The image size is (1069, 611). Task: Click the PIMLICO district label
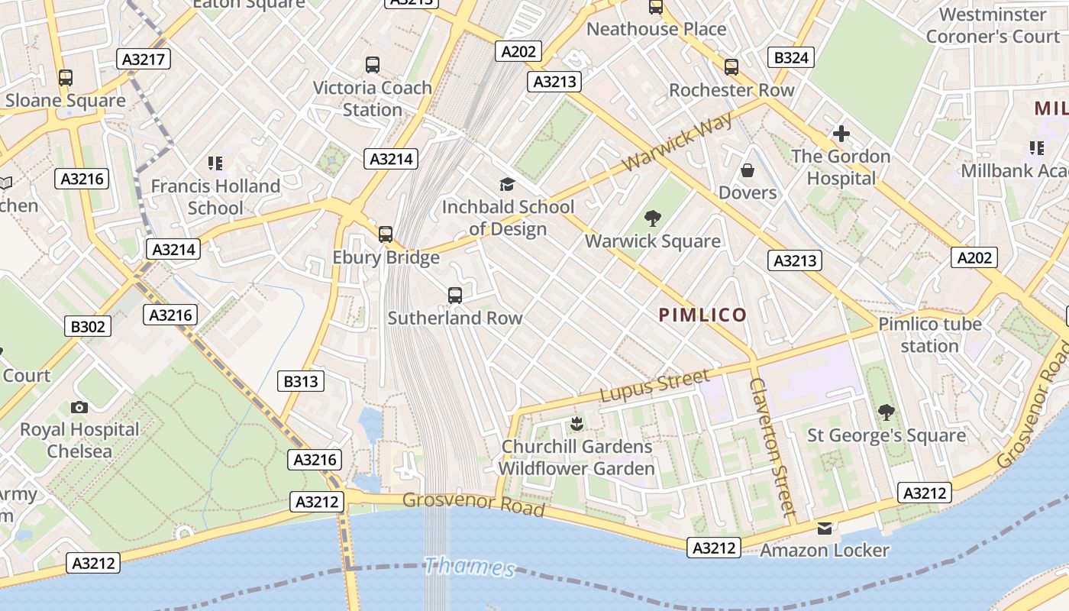tap(702, 315)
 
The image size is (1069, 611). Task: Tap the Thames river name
tap(469, 567)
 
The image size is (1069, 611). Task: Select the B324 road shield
tap(790, 57)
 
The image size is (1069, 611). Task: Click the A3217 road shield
tap(144, 59)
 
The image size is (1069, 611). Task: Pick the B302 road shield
tap(89, 327)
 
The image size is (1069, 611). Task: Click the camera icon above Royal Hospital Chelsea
tap(79, 407)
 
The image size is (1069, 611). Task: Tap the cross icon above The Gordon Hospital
tap(841, 134)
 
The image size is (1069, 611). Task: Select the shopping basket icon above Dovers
tap(747, 170)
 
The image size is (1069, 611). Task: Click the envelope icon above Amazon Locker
tap(825, 528)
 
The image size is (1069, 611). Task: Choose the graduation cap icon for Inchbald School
tap(507, 184)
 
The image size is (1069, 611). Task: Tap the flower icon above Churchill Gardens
tap(576, 424)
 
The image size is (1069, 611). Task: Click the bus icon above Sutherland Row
tap(455, 295)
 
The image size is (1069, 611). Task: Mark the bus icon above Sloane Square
tap(66, 78)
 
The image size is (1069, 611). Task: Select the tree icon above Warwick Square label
tap(652, 219)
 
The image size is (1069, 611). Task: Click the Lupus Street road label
tap(654, 386)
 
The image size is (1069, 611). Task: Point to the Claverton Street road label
tap(772, 447)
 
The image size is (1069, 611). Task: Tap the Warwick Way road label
tap(677, 142)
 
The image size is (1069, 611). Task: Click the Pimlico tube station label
tap(929, 335)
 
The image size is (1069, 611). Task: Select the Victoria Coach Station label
tap(372, 99)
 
